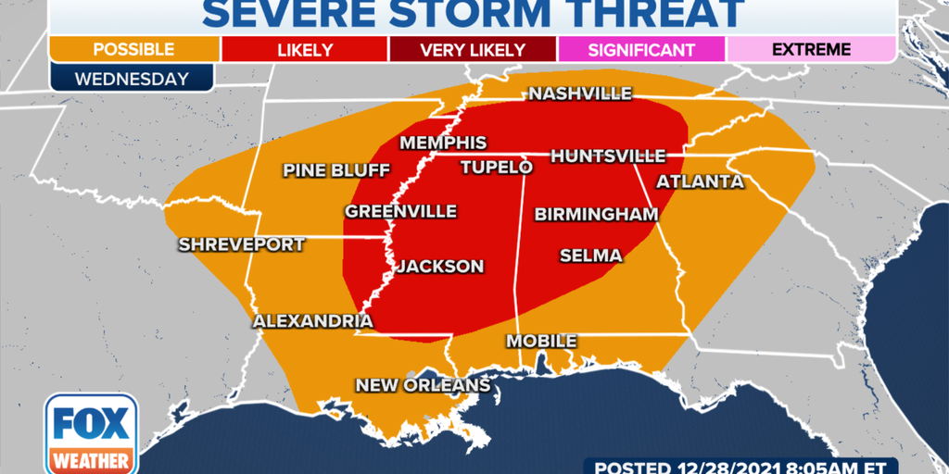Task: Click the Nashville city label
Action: pyautogui.click(x=580, y=94)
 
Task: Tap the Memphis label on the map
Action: pyautogui.click(x=443, y=143)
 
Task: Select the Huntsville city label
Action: pyautogui.click(x=608, y=156)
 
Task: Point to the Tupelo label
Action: pyautogui.click(x=497, y=168)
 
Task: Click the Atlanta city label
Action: pyautogui.click(x=700, y=181)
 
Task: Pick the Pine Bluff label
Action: pyautogui.click(x=335, y=170)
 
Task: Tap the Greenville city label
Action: pyautogui.click(x=401, y=212)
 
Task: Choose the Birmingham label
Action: pyautogui.click(x=596, y=215)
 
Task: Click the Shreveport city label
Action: pyautogui.click(x=242, y=244)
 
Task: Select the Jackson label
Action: pyautogui.click(x=440, y=267)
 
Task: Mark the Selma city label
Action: pyautogui.click(x=590, y=256)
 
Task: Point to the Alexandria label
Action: pyautogui.click(x=313, y=321)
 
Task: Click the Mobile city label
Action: pyautogui.click(x=541, y=342)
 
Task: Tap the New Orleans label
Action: pyautogui.click(x=423, y=385)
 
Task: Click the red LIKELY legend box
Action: pyautogui.click(x=304, y=49)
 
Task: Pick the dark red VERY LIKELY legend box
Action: pyautogui.click(x=473, y=49)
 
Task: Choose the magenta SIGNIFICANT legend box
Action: pyautogui.click(x=641, y=49)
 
